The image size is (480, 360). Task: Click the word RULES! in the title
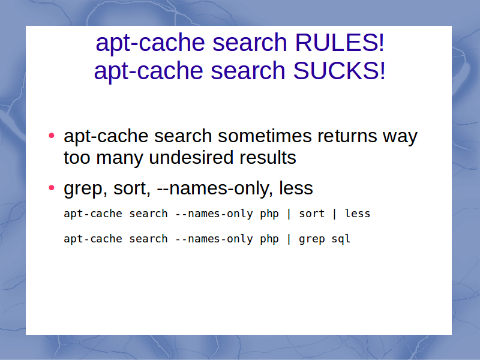click(x=340, y=42)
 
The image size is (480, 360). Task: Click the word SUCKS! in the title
click(x=339, y=70)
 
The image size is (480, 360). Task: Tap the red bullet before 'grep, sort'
click(x=52, y=187)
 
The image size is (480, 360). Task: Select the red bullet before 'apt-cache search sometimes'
click(x=52, y=136)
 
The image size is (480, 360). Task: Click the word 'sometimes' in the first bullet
click(x=264, y=136)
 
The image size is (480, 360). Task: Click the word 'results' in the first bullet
click(x=268, y=158)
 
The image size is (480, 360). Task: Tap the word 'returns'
click(x=347, y=136)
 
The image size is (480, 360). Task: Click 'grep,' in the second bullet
click(x=85, y=189)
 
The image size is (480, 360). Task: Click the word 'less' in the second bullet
click(x=296, y=188)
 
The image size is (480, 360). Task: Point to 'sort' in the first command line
click(x=311, y=214)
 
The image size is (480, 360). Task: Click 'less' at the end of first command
click(x=358, y=214)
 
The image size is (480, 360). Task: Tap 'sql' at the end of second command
click(x=341, y=239)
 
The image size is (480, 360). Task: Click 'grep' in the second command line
click(x=311, y=239)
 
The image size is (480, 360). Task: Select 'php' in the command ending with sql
click(x=269, y=239)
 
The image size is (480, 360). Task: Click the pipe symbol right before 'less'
click(x=335, y=214)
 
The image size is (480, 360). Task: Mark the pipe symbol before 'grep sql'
click(x=289, y=239)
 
